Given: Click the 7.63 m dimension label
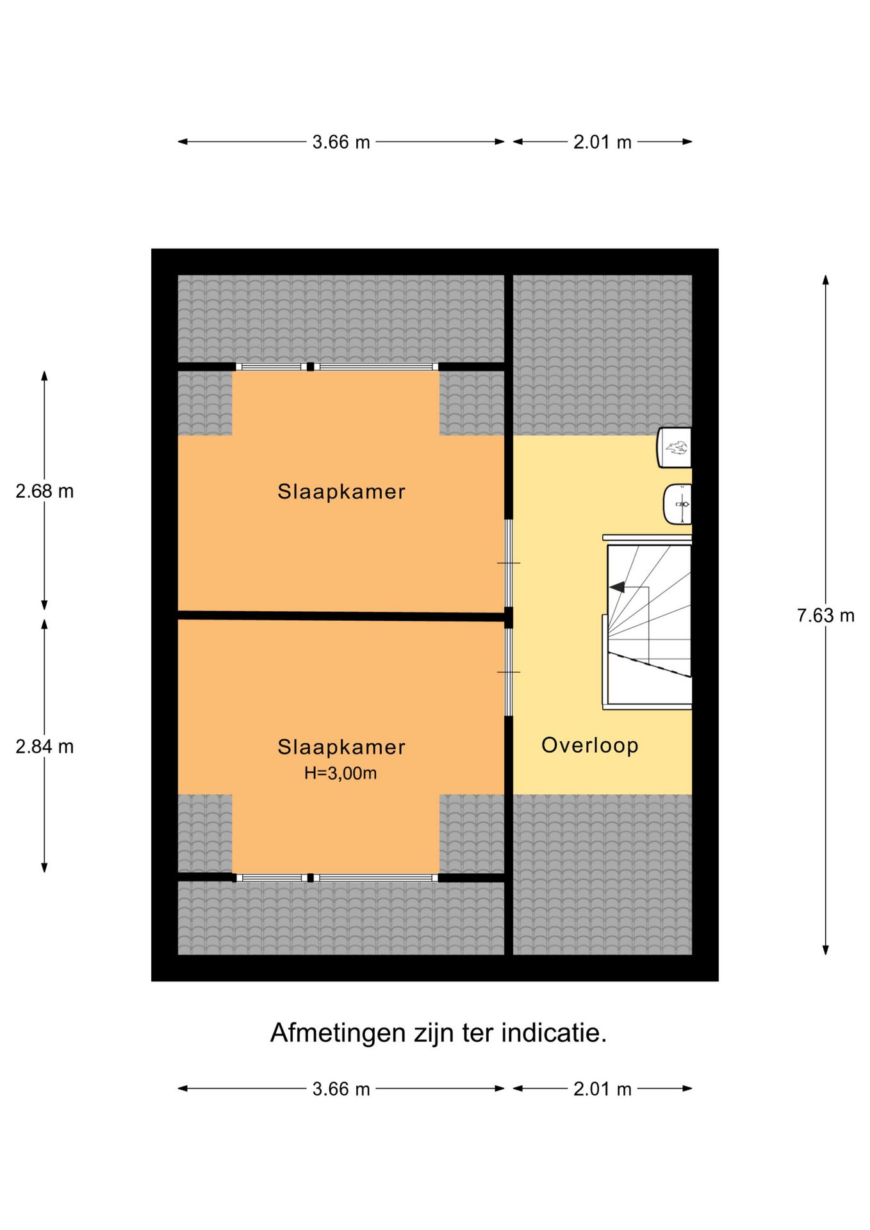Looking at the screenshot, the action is click(x=825, y=616).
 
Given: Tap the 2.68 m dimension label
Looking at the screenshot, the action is click(x=45, y=491).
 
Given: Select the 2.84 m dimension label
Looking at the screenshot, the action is click(x=45, y=747).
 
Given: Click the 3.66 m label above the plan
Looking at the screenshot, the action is click(x=341, y=142).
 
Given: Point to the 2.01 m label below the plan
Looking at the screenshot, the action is click(x=602, y=1089).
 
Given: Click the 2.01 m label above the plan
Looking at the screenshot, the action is click(x=602, y=142).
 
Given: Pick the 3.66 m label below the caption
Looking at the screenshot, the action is click(x=341, y=1089).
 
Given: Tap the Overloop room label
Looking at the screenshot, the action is click(x=589, y=745).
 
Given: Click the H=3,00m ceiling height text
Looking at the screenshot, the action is click(x=340, y=773).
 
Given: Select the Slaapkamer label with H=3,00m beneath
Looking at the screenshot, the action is click(x=341, y=747).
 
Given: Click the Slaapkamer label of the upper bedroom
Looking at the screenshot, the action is click(x=341, y=491).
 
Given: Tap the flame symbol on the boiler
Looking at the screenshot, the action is click(x=677, y=447).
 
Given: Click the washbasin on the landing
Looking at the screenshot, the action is click(x=678, y=504).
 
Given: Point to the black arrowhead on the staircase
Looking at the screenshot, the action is click(x=617, y=587).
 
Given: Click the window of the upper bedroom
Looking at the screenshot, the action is click(x=337, y=367).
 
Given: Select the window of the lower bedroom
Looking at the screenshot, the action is click(x=337, y=878).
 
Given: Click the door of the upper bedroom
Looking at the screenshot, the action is click(x=509, y=563).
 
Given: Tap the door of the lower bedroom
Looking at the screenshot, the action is click(x=509, y=672).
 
